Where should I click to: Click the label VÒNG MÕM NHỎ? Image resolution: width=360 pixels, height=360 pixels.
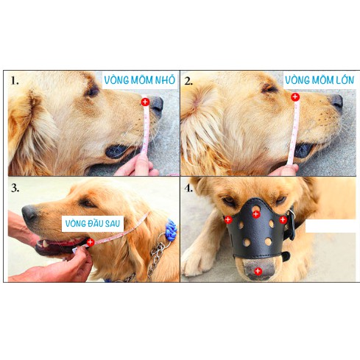pos(140,80)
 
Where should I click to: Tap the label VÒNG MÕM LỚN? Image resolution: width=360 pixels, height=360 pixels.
pos(320,80)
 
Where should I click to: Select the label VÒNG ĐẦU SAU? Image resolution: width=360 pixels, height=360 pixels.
pos(93,224)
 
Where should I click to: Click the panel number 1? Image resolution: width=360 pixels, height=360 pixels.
pos(15,80)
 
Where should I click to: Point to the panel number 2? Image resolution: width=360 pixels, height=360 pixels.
pos(188,81)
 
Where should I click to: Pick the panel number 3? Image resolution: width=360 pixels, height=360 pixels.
pos(15,188)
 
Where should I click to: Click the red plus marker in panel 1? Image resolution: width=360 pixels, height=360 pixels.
pos(145,102)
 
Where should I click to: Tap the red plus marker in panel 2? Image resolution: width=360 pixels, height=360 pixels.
pos(295,97)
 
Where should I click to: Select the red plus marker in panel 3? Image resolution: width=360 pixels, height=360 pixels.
pos(91,242)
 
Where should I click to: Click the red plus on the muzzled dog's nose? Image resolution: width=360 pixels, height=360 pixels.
pos(258,271)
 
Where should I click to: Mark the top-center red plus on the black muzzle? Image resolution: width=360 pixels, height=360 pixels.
pos(256,214)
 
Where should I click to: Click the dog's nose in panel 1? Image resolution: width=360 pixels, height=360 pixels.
pos(156,106)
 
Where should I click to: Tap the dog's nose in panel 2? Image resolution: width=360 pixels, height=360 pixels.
pos(337,102)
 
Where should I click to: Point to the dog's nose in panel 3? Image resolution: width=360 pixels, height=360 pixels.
pos(29,213)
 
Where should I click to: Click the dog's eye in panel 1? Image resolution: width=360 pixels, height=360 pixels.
pos(93,91)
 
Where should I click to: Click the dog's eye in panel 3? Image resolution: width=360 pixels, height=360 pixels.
pos(87,202)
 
